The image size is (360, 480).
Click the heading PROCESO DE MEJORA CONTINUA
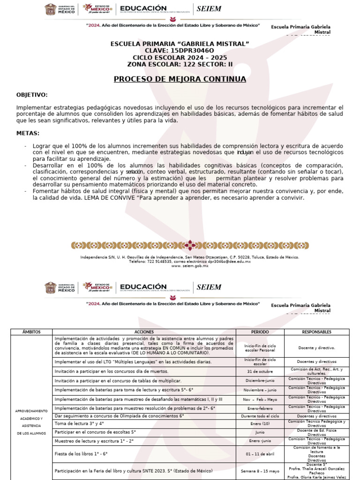180,79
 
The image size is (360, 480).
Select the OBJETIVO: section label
32,95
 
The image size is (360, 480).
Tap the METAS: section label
28,134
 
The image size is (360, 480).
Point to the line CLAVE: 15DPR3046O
180,50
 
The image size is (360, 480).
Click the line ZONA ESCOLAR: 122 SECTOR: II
180,64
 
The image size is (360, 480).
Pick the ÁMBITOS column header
31,332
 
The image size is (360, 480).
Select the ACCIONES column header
144,332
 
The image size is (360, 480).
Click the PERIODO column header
260,332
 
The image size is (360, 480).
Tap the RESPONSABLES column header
316,332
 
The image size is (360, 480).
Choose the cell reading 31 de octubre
260,371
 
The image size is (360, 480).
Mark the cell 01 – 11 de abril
260,454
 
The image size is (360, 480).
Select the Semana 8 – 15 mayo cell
260,471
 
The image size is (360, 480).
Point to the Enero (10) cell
260,424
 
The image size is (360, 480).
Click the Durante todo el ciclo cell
260,416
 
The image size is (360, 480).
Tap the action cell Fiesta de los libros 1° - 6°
81,454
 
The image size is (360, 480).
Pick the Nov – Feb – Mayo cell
260,399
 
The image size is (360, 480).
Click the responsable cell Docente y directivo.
316,347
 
